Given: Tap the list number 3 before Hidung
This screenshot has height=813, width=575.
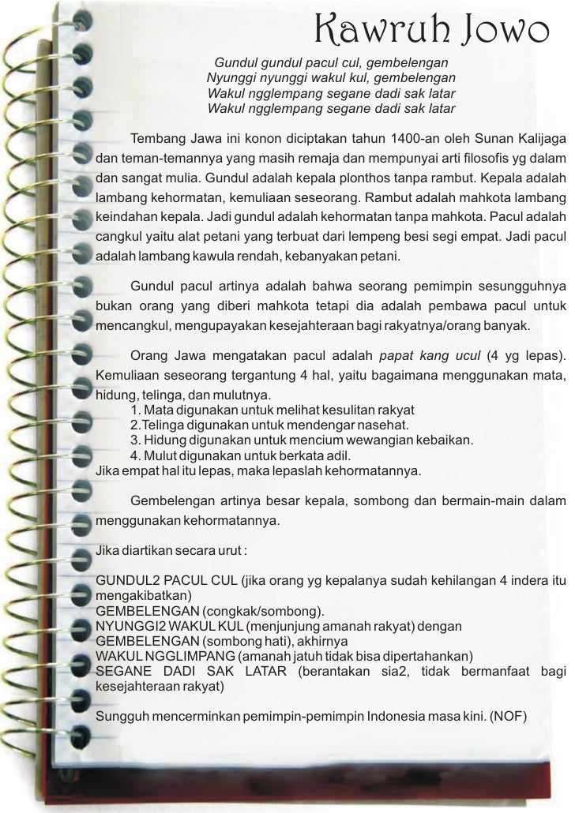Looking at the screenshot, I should [135, 440].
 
